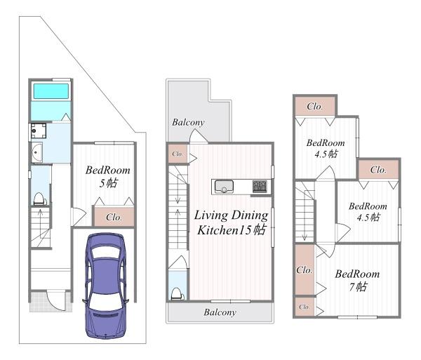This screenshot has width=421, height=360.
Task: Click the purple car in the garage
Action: [x=105, y=286]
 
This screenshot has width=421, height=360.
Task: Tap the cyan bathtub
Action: [x=51, y=91]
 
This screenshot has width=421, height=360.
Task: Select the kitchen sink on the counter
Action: [x=224, y=186]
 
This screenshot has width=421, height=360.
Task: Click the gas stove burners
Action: [x=260, y=186]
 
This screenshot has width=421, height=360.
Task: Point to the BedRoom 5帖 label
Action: [x=108, y=176]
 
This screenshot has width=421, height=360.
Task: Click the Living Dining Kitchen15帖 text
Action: [x=231, y=222]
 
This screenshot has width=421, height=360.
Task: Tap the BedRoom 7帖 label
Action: [x=357, y=280]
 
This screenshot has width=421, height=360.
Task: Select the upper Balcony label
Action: [x=188, y=122]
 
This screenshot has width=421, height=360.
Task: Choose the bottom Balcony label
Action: [x=220, y=312]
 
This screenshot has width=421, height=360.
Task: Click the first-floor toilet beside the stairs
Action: [x=39, y=199]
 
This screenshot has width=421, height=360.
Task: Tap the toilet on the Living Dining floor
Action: [x=178, y=294]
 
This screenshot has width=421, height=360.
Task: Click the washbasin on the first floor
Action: [x=37, y=152]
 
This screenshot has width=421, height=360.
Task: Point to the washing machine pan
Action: [x=39, y=131]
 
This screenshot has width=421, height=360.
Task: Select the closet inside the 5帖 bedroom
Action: [x=114, y=216]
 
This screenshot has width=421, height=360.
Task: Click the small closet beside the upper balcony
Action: [x=178, y=154]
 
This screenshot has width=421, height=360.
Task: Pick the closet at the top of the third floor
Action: [x=315, y=106]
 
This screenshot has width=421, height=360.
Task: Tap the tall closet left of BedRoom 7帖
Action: [x=305, y=269]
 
